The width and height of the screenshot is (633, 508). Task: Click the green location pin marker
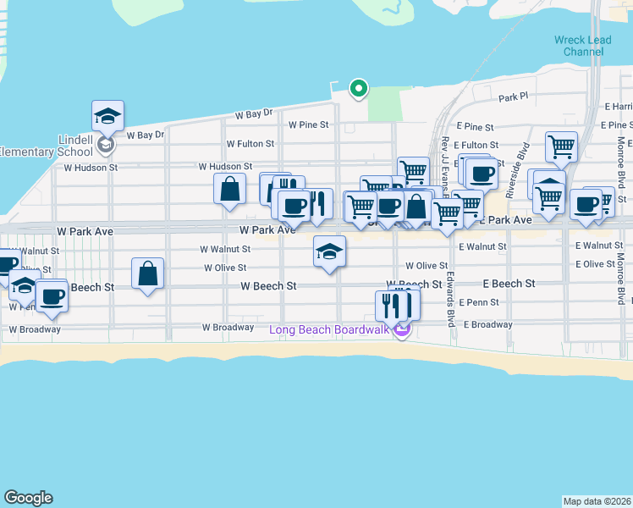point(358,87)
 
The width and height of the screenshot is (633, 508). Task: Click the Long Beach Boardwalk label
point(329,329)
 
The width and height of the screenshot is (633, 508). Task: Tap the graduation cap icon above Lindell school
point(107,116)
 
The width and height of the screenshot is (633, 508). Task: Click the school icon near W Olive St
point(329,251)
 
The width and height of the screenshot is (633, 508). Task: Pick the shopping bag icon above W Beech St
point(148,273)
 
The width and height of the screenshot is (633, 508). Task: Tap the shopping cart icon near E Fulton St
point(560,146)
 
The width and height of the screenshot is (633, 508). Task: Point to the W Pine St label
point(308,124)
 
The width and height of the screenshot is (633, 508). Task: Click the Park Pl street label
point(513,97)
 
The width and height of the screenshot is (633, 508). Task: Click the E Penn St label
point(479,302)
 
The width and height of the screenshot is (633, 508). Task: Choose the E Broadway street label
point(486,324)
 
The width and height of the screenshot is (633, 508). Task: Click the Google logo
point(28,498)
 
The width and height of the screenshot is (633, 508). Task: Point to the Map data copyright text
point(597,501)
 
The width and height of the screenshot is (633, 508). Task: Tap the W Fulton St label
point(250,145)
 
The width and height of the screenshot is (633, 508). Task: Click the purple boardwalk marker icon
point(402,329)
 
